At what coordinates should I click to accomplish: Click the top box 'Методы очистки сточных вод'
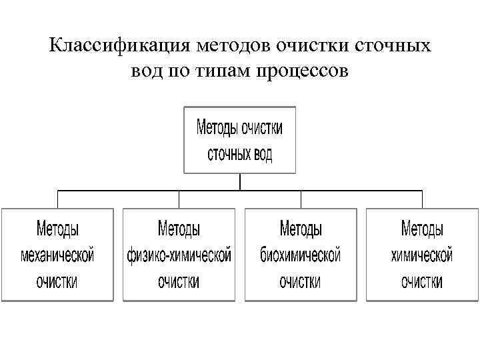(x=239, y=140)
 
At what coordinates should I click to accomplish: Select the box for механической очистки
(x=57, y=255)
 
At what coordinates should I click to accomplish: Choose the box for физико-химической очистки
(x=179, y=255)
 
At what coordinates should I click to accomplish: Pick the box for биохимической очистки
(x=301, y=255)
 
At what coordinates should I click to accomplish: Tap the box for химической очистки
(x=422, y=255)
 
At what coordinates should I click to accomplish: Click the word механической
(x=57, y=255)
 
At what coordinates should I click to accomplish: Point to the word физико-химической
(x=179, y=255)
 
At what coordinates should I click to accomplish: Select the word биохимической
(x=301, y=255)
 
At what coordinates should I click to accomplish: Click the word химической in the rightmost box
(x=422, y=255)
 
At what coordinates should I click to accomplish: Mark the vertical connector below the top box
(x=239, y=182)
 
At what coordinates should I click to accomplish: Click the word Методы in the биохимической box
(x=301, y=230)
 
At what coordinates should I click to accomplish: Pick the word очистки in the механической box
(x=57, y=281)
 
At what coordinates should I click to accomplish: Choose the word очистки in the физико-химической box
(x=179, y=281)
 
